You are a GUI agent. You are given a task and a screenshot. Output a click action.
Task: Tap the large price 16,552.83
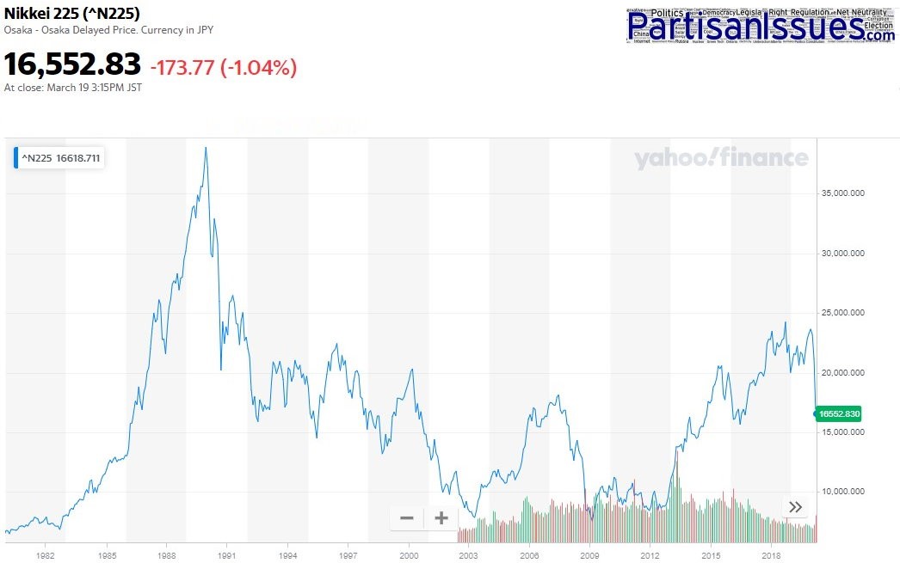point(72,64)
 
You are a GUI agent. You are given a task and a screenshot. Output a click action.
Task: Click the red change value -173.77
point(182,67)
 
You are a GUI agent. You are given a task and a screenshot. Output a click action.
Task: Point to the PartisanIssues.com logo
point(761,26)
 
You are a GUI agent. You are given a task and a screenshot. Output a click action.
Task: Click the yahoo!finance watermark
point(721,158)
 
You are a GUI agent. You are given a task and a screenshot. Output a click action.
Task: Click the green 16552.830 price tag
point(839,413)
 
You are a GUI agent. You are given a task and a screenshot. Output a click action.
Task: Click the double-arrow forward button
point(796,507)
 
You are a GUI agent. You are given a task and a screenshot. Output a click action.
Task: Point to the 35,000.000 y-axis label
point(841,193)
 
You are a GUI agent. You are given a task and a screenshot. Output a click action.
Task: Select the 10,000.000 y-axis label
point(841,492)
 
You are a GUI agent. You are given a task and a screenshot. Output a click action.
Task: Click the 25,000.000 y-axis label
point(841,313)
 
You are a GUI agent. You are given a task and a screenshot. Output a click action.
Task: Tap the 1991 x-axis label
point(227,555)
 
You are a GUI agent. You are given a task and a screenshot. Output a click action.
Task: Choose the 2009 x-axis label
point(590,555)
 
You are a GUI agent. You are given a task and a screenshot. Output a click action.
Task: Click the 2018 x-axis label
point(772,555)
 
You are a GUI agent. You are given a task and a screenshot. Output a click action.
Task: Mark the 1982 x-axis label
point(46,555)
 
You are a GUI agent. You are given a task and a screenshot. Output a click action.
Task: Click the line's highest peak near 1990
point(206,148)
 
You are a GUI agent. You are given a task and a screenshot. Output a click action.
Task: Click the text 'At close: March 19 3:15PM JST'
point(73,88)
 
